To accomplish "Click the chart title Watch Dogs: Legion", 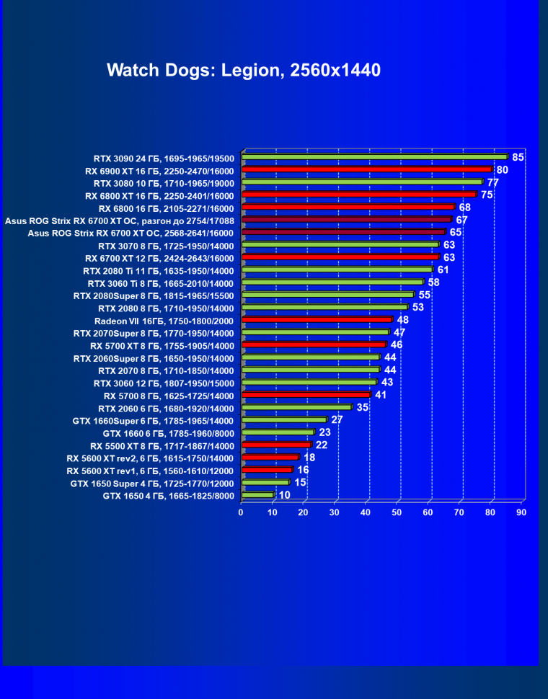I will (x=243, y=71).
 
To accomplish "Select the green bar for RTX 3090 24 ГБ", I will (x=375, y=156).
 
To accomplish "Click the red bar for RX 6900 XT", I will (x=367, y=169).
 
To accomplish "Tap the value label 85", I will (x=518, y=156).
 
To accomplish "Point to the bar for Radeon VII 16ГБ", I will (x=317, y=319).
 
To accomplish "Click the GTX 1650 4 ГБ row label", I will (x=169, y=496).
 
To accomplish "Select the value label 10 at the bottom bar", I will (x=285, y=495).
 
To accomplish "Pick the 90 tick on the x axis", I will (x=521, y=512).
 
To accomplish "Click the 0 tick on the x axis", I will (x=242, y=512).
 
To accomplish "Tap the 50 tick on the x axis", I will (x=397, y=512).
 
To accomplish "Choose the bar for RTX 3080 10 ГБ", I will (x=362, y=182).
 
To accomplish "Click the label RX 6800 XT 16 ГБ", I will (x=159, y=195).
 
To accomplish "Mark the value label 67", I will (x=462, y=220).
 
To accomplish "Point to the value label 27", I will (x=337, y=419).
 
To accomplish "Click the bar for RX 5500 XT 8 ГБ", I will (x=277, y=445).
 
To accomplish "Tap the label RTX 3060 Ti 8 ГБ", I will (x=160, y=283).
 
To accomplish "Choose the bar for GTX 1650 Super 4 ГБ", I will (x=266, y=483).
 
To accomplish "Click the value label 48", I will (x=403, y=319).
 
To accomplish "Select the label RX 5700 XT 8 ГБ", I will (x=162, y=346).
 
